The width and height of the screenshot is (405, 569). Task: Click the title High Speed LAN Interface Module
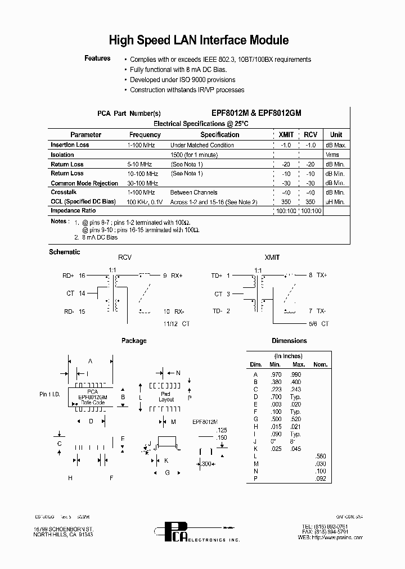[199, 40]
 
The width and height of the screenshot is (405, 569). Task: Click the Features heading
[97, 58]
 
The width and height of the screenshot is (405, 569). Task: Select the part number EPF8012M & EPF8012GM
[256, 113]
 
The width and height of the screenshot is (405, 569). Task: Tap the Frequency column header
[145, 135]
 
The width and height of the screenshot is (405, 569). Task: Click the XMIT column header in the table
[286, 135]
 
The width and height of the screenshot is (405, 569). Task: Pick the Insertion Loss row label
[70, 145]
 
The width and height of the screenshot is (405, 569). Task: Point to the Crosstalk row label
[63, 192]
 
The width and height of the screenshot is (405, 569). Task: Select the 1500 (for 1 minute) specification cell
[193, 155]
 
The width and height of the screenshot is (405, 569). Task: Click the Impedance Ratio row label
[73, 211]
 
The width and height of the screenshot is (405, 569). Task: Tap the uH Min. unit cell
[335, 201]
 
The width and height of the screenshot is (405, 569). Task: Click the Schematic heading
[65, 252]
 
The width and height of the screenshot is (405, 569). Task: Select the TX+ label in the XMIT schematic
[321, 276]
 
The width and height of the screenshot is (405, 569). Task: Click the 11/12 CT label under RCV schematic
[176, 324]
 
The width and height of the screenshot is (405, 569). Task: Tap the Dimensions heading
[289, 341]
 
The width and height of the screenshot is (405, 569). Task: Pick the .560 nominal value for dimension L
[320, 456]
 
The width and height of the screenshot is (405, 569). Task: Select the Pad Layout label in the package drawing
[166, 397]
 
